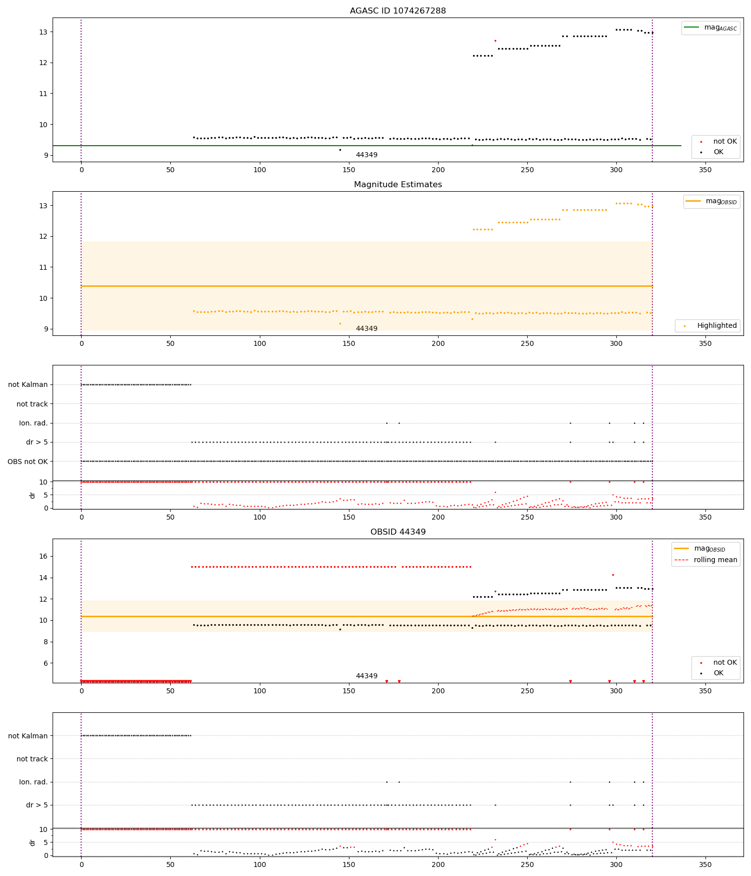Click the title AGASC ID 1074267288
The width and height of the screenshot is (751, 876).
click(398, 11)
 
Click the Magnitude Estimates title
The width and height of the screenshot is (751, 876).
click(398, 184)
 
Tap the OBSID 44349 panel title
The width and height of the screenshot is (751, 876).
click(398, 532)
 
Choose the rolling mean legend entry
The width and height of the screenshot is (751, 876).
click(715, 560)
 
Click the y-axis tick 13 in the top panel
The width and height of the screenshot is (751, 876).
click(44, 32)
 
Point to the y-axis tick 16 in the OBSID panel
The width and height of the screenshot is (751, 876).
click(44, 556)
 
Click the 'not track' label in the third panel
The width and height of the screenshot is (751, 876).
click(32, 404)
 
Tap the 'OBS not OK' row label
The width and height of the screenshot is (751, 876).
click(28, 462)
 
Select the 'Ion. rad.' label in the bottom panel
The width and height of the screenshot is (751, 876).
click(33, 782)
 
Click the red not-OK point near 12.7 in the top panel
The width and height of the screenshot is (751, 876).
click(495, 41)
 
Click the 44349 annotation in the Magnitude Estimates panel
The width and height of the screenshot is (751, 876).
click(366, 328)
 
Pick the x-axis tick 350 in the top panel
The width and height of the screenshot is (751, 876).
click(705, 170)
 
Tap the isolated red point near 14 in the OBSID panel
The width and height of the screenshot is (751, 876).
click(613, 575)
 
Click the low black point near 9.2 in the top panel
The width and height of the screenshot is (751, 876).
click(340, 150)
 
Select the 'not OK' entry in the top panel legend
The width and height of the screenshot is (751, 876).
click(724, 142)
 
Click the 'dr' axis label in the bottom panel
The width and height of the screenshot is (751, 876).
click(33, 843)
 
